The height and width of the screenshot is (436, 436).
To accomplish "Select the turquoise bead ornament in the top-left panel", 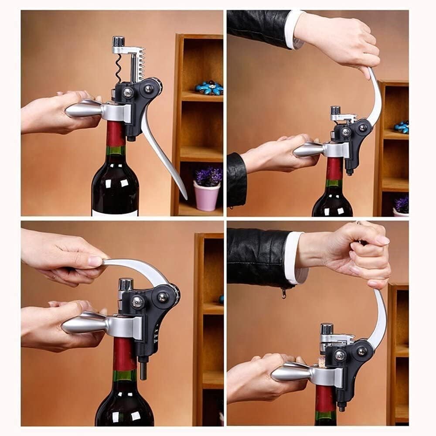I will [209, 88].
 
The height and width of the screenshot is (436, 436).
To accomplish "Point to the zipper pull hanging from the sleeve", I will [284, 293].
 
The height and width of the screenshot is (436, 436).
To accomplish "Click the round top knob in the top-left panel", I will [118, 41].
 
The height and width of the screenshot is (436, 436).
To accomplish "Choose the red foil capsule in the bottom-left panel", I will [124, 353].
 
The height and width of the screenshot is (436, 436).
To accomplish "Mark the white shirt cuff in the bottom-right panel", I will [295, 257].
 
